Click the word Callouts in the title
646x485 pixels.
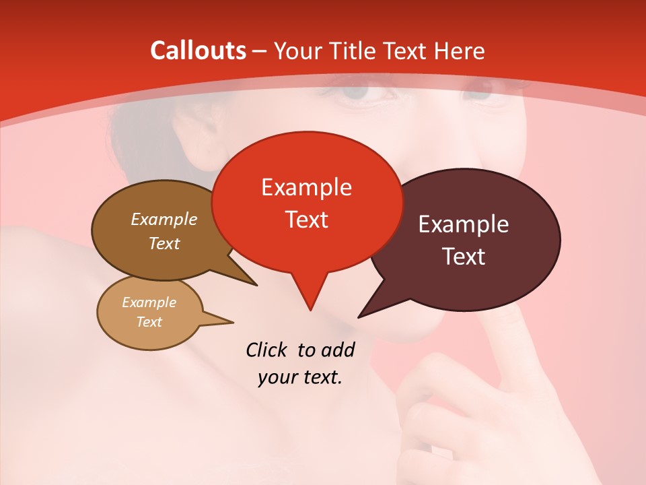198,51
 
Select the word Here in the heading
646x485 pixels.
460,51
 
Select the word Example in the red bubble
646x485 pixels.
306,187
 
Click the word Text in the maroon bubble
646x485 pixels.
464,257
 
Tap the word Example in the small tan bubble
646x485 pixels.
149,302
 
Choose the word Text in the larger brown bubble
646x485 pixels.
164,243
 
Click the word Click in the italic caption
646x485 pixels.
267,350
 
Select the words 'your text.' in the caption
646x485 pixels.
300,377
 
